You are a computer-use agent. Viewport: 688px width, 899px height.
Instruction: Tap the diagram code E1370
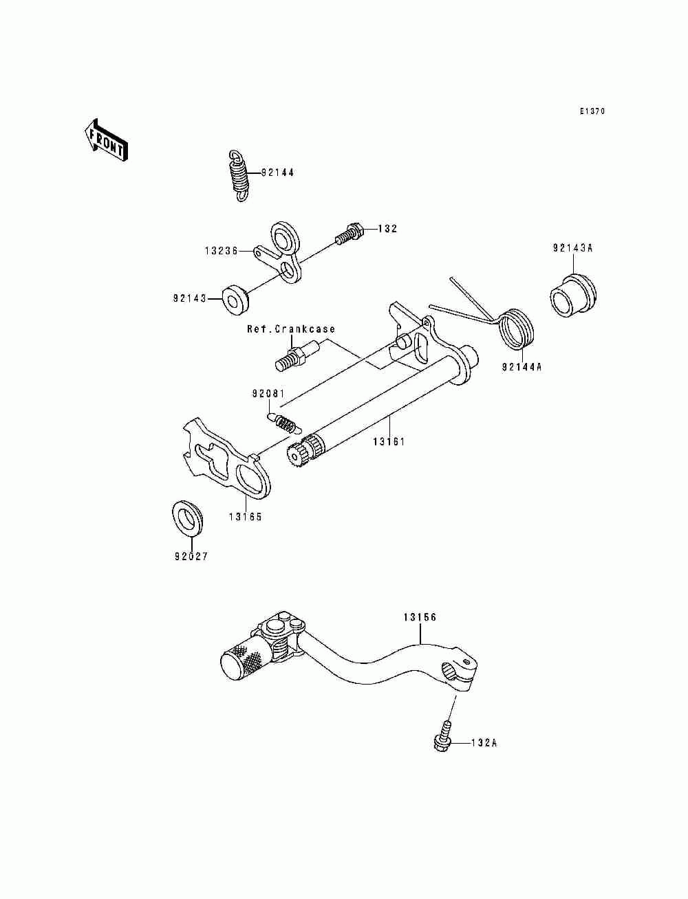tap(592, 111)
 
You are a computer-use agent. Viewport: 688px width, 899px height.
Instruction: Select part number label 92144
tap(277, 173)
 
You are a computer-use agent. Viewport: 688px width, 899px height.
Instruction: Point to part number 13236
tap(221, 252)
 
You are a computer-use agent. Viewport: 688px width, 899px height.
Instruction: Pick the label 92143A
tap(572, 248)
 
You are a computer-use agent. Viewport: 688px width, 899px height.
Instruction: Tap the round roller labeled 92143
tap(235, 299)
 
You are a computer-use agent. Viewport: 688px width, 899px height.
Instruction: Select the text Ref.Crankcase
tap(291, 329)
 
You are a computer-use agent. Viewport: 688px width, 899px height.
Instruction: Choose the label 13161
tap(389, 442)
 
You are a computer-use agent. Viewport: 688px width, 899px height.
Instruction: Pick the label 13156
tap(420, 618)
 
